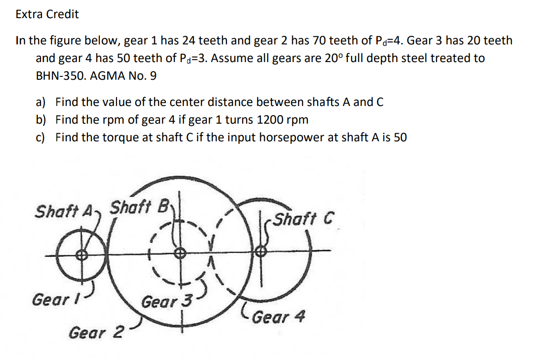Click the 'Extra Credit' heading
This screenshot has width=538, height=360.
(47, 14)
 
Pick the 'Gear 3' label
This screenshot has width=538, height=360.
(167, 302)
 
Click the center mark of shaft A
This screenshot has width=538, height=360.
(83, 255)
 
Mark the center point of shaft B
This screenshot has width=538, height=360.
(180, 254)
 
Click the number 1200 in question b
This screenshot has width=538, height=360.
(269, 119)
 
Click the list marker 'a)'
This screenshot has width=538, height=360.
(41, 102)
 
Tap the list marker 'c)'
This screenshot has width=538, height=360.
(41, 138)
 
